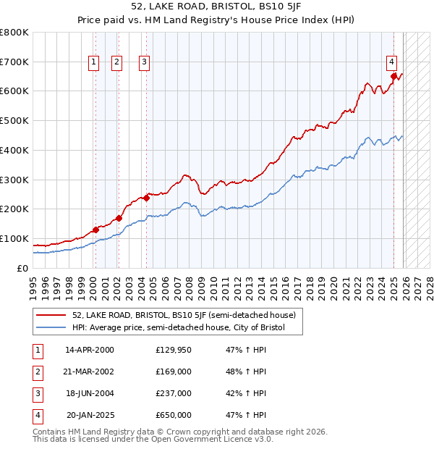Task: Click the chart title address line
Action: tap(216, 7)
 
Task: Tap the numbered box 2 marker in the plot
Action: tap(116, 62)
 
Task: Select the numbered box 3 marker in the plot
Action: tap(145, 62)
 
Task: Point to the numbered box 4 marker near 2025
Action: tap(391, 62)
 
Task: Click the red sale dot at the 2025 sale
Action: tap(393, 75)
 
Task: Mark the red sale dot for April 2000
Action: tap(95, 230)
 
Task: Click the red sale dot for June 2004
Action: tap(146, 197)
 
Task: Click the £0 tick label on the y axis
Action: tap(22, 268)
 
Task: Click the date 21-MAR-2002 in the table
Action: tap(89, 372)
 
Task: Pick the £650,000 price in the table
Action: tap(174, 416)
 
